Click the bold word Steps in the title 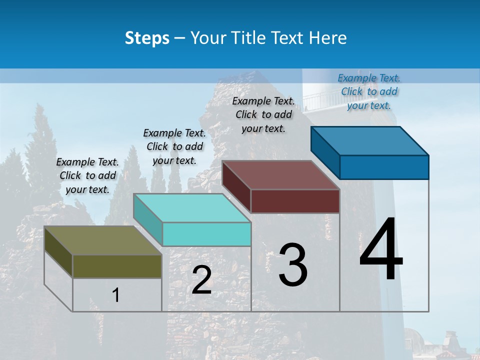coord(147,38)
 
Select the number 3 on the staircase coord(293,264)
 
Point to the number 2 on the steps coord(201,280)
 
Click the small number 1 coord(115,295)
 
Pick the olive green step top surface coord(102,240)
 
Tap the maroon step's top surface coord(280,175)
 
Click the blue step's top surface coord(370,141)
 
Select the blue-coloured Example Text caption coord(369,91)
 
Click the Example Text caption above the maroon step coord(263,114)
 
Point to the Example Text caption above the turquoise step coord(174,146)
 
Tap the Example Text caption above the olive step coord(87,175)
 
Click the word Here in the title coord(327,38)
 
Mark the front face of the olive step coord(117,266)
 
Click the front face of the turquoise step coord(206,234)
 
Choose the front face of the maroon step coord(295,201)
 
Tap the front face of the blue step coord(384,167)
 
